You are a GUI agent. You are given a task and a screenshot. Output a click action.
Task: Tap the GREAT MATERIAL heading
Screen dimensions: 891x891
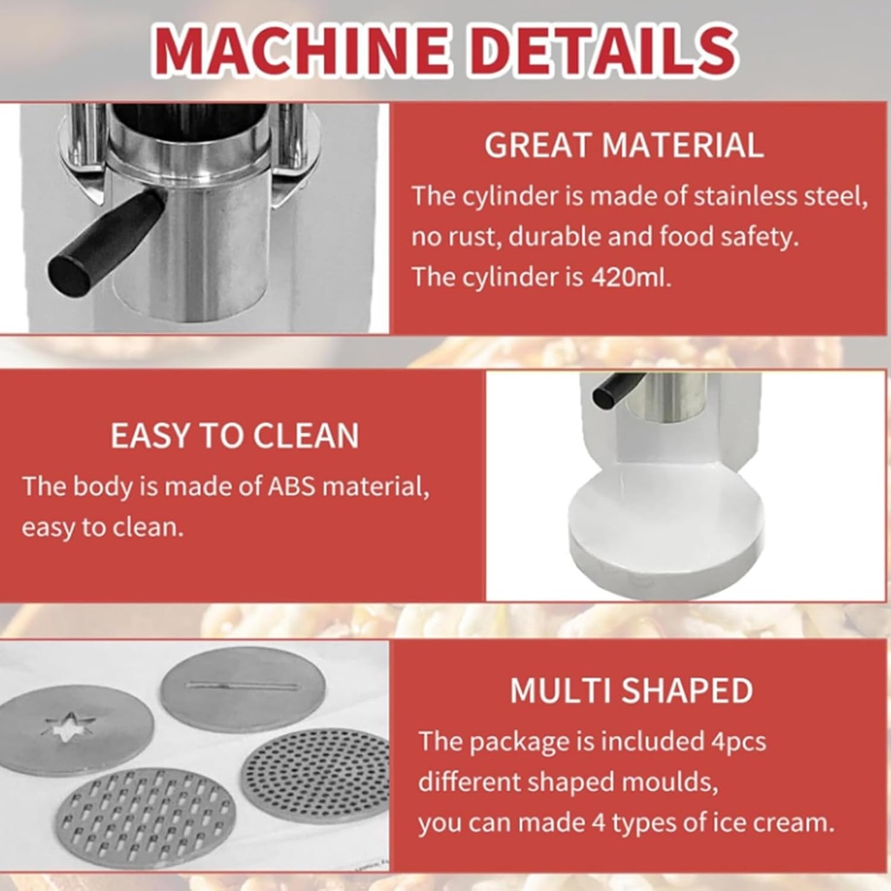(624, 145)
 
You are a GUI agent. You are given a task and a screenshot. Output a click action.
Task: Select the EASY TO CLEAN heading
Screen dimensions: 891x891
(234, 436)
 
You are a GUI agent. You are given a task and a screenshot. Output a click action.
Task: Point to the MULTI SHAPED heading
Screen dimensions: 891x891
(631, 690)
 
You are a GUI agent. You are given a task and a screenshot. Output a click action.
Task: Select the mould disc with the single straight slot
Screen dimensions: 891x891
(243, 688)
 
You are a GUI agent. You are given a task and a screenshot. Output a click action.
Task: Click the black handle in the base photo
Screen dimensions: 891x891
(618, 389)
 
